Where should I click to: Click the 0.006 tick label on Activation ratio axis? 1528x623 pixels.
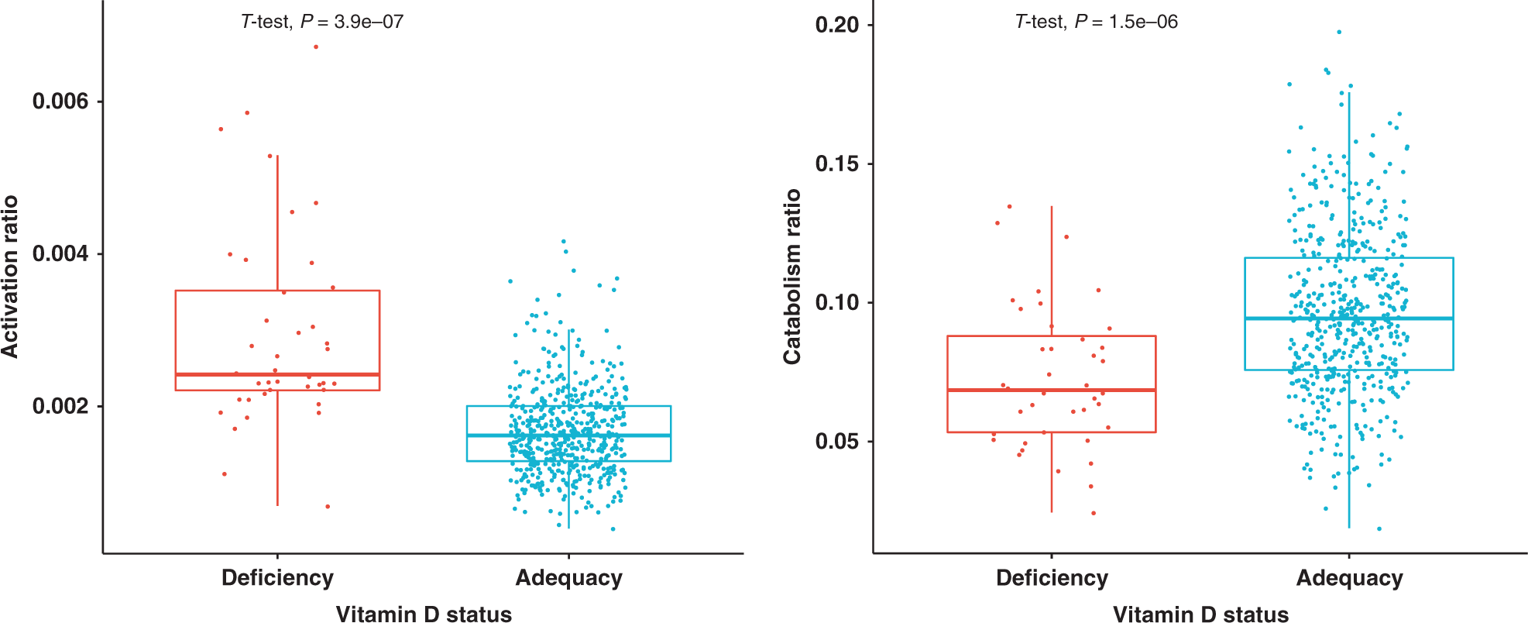coord(60,102)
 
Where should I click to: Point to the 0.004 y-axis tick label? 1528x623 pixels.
coord(60,254)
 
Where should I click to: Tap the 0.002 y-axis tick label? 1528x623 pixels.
coord(60,406)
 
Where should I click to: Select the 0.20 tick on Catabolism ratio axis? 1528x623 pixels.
coord(837,25)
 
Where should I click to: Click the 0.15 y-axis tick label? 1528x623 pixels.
coord(837,163)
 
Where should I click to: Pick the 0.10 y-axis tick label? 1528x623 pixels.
coord(837,302)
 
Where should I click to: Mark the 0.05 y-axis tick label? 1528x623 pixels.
coord(837,441)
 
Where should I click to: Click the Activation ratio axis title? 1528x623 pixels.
coord(10,277)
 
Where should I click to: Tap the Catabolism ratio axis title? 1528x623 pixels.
coord(791,277)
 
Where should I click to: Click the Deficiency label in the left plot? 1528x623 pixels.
coord(277,578)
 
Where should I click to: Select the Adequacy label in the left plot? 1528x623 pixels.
coord(568,578)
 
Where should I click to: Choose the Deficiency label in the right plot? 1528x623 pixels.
coord(1052,578)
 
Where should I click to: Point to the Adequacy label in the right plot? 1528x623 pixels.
coord(1349,578)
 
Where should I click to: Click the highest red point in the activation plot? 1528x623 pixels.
coord(316,47)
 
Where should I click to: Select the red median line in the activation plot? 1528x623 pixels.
coord(232,374)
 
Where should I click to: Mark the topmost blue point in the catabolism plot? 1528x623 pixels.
coord(1339,33)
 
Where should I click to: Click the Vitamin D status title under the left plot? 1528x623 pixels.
coord(424,614)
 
